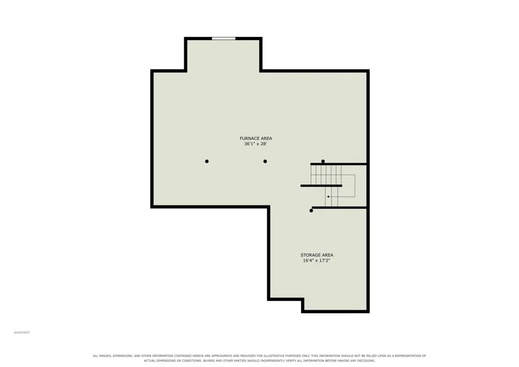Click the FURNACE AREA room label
click(x=256, y=138)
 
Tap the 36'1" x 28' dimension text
click(x=255, y=144)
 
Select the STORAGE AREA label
click(x=317, y=255)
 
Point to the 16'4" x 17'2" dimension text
click(x=317, y=261)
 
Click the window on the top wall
click(x=224, y=38)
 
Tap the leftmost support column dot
click(x=207, y=161)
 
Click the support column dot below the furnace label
click(x=265, y=161)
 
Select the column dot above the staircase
click(x=323, y=161)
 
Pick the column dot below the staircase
click(x=311, y=211)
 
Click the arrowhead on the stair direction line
click(x=328, y=197)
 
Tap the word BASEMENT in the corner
click(x=22, y=333)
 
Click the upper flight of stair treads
click(x=326, y=175)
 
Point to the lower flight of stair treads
click(x=331, y=197)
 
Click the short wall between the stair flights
click(x=321, y=186)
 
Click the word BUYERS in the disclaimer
click(x=210, y=361)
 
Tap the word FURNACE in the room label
click(x=248, y=138)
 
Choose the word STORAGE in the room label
click(x=309, y=255)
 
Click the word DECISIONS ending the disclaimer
click(x=367, y=361)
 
